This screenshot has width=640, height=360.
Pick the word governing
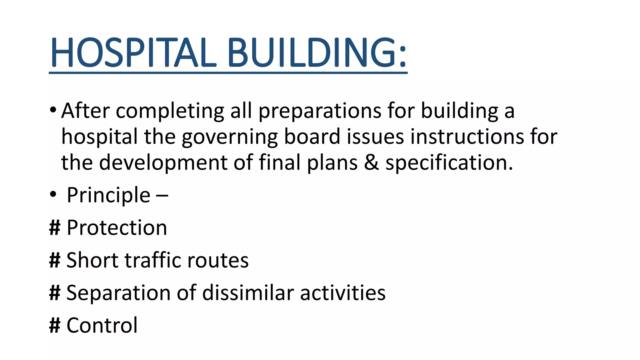(x=229, y=138)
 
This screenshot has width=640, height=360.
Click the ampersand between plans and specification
(x=371, y=163)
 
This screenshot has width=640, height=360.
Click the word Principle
(x=108, y=196)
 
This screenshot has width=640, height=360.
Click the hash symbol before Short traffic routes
(x=55, y=260)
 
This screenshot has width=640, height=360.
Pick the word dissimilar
(x=248, y=293)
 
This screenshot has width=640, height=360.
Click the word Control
(x=102, y=325)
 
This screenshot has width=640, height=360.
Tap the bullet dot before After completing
(x=53, y=110)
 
